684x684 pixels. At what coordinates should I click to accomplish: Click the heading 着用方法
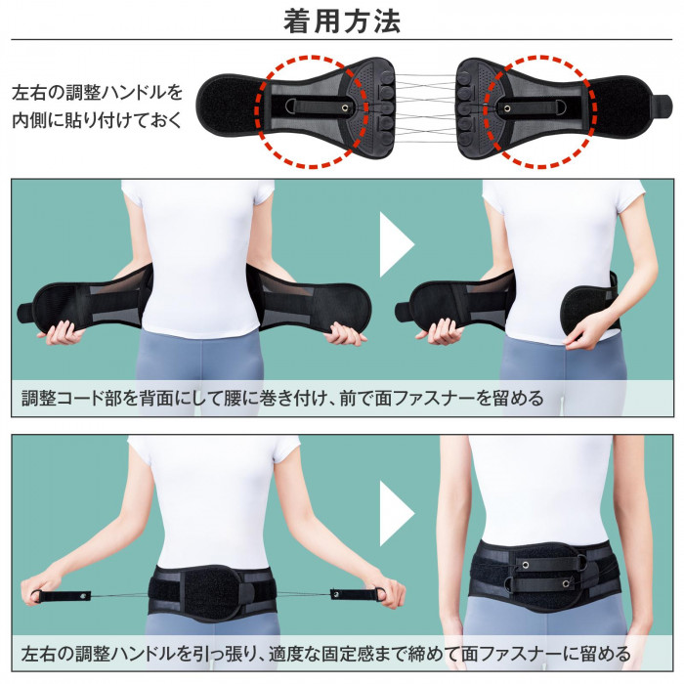(x=341, y=21)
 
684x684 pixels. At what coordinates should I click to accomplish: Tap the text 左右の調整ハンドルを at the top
(x=97, y=94)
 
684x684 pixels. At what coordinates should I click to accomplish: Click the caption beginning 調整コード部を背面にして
(x=282, y=398)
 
